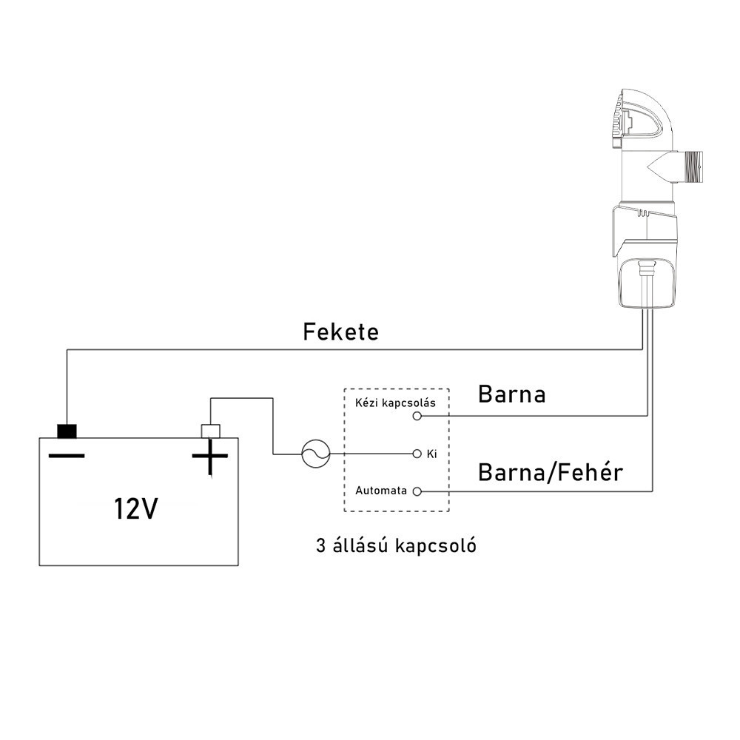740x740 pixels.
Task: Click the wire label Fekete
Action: pos(340,332)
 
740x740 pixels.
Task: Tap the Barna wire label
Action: pos(511,394)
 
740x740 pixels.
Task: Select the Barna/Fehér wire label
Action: pos(550,471)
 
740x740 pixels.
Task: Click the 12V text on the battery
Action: pos(135,509)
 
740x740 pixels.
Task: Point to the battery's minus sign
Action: pos(67,454)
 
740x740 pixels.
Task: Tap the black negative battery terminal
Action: pos(67,430)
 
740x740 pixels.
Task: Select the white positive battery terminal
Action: pos(210,430)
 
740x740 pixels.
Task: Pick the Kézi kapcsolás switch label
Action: pos(395,403)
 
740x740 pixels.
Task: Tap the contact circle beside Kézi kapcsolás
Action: pos(417,417)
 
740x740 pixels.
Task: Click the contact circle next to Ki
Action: pos(417,453)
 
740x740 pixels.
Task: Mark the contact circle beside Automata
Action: pos(417,491)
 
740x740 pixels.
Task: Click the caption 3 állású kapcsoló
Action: pos(395,547)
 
